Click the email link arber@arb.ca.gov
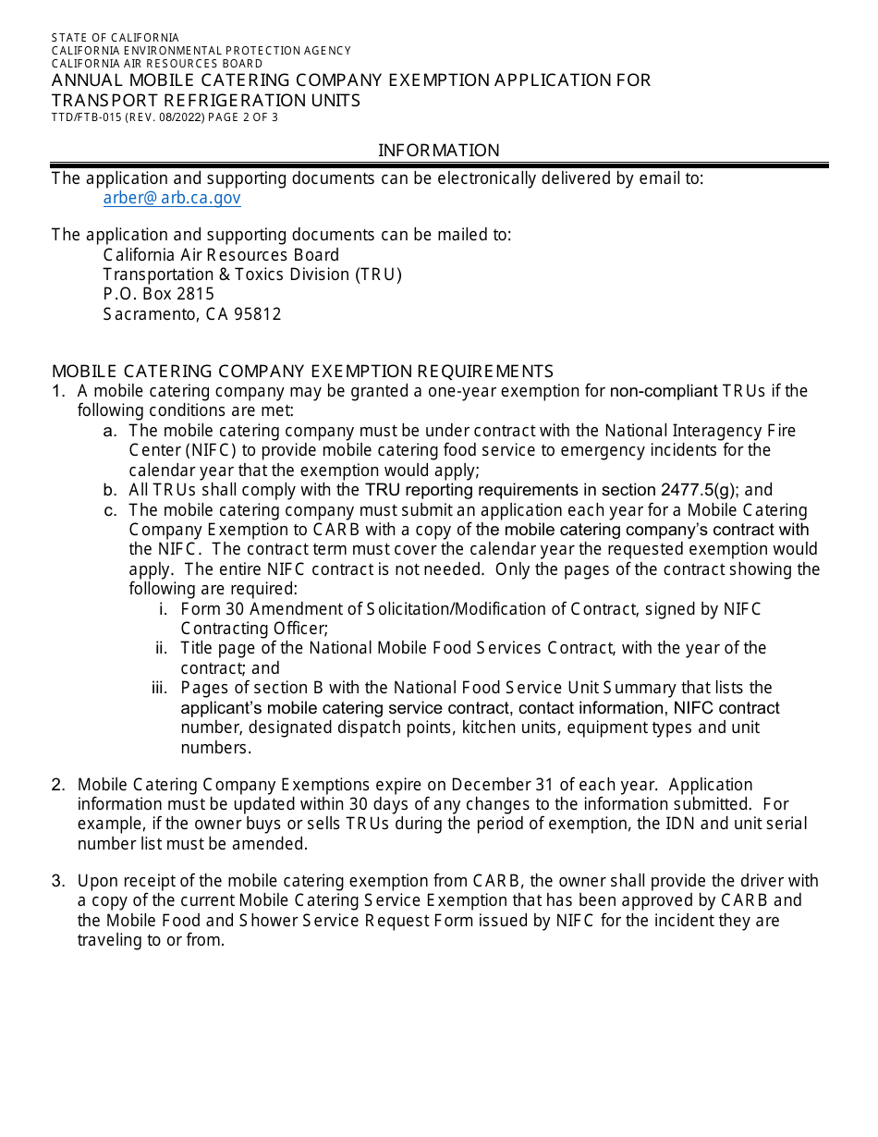click(x=172, y=198)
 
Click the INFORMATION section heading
click(x=438, y=150)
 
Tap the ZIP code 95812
click(x=258, y=314)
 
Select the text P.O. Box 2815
click(x=158, y=294)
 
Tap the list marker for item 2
click(x=58, y=785)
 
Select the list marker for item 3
click(x=58, y=881)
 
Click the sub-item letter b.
click(x=110, y=491)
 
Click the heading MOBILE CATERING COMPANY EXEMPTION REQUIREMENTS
click(x=302, y=372)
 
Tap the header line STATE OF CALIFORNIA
click(x=116, y=38)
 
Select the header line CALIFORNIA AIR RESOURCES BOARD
click(x=157, y=64)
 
